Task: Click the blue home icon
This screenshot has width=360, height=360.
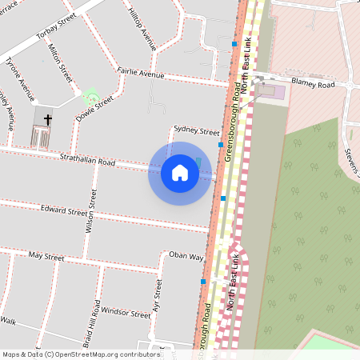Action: pyautogui.click(x=180, y=173)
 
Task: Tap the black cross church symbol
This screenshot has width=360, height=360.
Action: pyautogui.click(x=47, y=121)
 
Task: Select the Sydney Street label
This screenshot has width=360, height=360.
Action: pyautogui.click(x=196, y=131)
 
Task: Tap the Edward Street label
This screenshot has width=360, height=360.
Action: pyautogui.click(x=64, y=213)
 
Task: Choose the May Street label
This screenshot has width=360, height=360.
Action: pyautogui.click(x=46, y=257)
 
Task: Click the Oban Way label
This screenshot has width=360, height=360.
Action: pyautogui.click(x=186, y=256)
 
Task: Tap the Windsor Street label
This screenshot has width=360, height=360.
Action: pyautogui.click(x=126, y=314)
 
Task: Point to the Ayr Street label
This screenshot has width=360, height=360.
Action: pyautogui.click(x=157, y=295)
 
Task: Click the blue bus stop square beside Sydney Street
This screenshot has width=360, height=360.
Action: pyautogui.click(x=221, y=145)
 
